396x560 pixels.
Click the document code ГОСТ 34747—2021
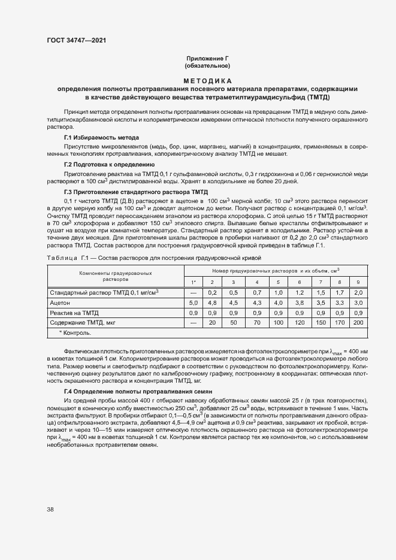[x=77, y=41]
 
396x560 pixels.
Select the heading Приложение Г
[x=207, y=58]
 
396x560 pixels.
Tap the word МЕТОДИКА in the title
[x=207, y=80]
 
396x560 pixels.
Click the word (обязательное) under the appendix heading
[x=207, y=65]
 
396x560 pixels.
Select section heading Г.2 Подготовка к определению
[x=109, y=164]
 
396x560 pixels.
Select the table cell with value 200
[x=358, y=322]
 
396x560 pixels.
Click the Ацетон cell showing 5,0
[x=194, y=303]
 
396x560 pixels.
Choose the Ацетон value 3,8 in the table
[x=300, y=303]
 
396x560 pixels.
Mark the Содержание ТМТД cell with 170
[x=340, y=322]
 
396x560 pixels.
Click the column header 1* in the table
[x=194, y=281]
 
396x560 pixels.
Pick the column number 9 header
[x=358, y=281]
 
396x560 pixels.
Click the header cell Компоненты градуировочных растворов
[x=116, y=276]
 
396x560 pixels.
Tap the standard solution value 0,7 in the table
[x=257, y=292]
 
